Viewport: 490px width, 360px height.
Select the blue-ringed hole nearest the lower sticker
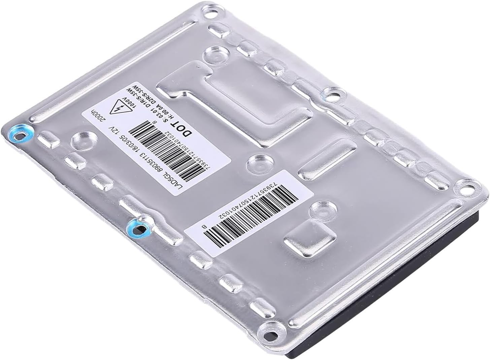(139, 229)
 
